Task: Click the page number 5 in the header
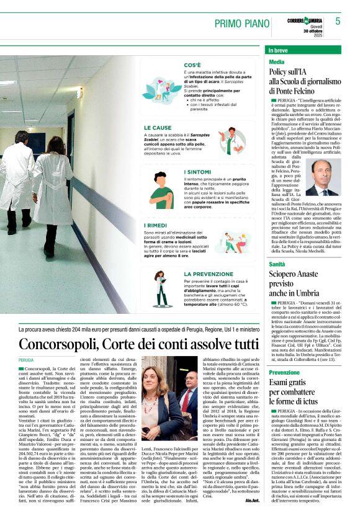coord(338,21)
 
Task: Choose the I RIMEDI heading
coord(158,226)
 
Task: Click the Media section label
coord(277,63)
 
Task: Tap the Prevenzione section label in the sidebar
coord(284,372)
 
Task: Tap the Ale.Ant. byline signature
coord(252,501)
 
